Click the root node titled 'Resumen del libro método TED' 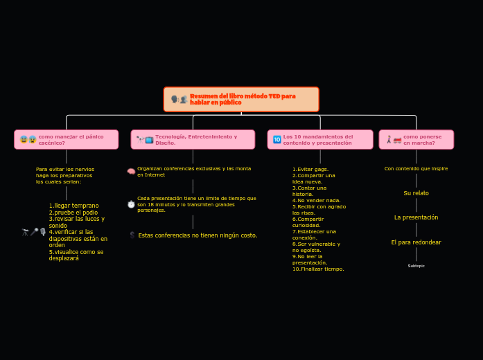pyautogui.click(x=241, y=99)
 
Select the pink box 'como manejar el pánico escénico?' pyautogui.click(x=67, y=139)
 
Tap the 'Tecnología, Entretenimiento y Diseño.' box pyautogui.click(x=193, y=139)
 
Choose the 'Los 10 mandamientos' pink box pyautogui.click(x=320, y=139)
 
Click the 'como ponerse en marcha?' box pyautogui.click(x=416, y=139)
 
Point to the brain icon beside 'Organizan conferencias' pyautogui.click(x=131, y=172)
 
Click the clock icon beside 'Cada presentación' pyautogui.click(x=131, y=204)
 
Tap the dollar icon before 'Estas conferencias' pyautogui.click(x=132, y=235)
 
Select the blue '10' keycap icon pyautogui.click(x=276, y=140)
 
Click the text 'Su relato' pyautogui.click(x=416, y=193)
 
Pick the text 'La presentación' pyautogui.click(x=416, y=217)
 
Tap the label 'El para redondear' pyautogui.click(x=416, y=242)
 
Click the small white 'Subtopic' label pyautogui.click(x=416, y=266)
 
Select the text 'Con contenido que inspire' pyautogui.click(x=416, y=168)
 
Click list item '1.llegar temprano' pyautogui.click(x=73, y=206)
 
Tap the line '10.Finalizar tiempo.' pyautogui.click(x=318, y=269)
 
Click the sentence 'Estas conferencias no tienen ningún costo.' pyautogui.click(x=197, y=235)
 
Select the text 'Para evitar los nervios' pyautogui.click(x=65, y=169)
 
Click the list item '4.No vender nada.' pyautogui.click(x=316, y=200)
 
